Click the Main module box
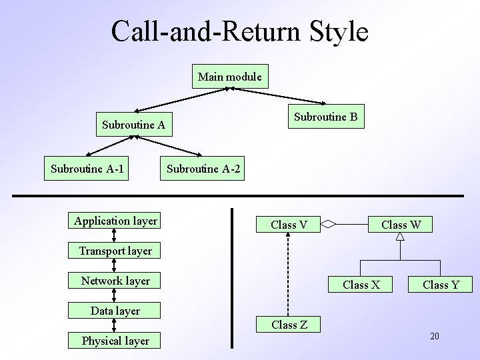(x=230, y=77)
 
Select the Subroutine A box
(x=133, y=125)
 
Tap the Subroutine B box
(x=326, y=117)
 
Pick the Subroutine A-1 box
(x=87, y=169)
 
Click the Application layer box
(x=116, y=221)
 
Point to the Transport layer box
(x=115, y=251)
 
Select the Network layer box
(x=115, y=281)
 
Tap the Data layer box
(x=115, y=311)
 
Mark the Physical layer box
(x=115, y=341)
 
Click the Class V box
(x=289, y=225)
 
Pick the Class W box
(x=401, y=225)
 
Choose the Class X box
(x=361, y=285)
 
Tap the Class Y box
(x=441, y=285)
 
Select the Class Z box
(x=289, y=325)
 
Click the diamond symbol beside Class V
(x=331, y=225)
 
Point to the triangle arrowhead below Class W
(x=401, y=238)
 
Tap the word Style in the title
(x=336, y=31)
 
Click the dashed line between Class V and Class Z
(x=289, y=273)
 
